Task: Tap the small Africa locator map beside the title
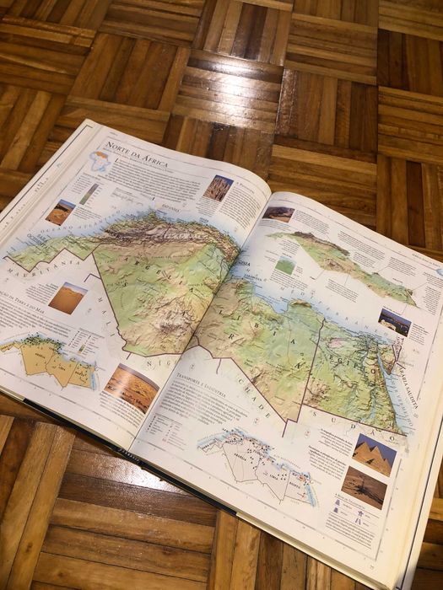click(x=100, y=161)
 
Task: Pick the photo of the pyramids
click(x=373, y=454)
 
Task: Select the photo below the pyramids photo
click(x=364, y=488)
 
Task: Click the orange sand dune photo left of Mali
click(x=67, y=298)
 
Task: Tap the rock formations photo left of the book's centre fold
click(x=218, y=187)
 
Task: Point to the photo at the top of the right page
click(x=278, y=213)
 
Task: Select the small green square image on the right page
click(x=285, y=265)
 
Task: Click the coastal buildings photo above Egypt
click(x=394, y=321)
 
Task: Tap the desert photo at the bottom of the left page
click(x=131, y=388)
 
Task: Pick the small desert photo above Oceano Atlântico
click(x=60, y=212)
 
